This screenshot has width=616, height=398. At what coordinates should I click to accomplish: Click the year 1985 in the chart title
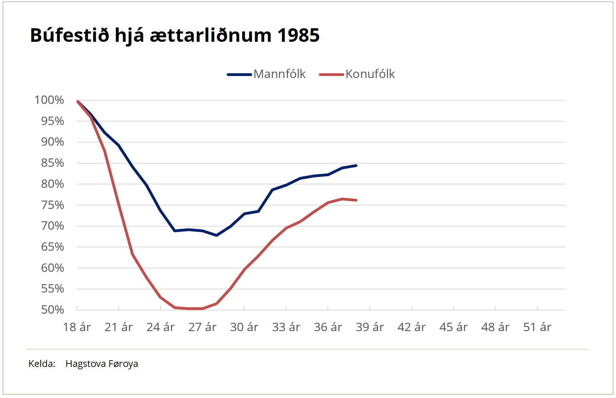298,35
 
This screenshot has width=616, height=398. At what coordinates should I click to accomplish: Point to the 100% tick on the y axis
49,100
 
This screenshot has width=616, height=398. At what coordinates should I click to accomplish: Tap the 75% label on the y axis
53,205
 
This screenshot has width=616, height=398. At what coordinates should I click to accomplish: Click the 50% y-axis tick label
53,310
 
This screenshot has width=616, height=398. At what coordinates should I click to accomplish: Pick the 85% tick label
53,163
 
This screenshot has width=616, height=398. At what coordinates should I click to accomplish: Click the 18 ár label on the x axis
77,327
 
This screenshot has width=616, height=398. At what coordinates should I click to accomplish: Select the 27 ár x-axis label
202,327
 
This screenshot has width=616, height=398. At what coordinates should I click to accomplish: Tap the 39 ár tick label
370,327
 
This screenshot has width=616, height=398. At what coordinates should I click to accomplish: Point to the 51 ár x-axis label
537,327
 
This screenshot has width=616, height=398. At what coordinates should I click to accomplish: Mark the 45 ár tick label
453,327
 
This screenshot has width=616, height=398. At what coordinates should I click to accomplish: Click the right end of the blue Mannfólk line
356,166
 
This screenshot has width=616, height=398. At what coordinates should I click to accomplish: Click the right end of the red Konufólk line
356,200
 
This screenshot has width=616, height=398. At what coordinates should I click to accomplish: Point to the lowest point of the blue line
216,235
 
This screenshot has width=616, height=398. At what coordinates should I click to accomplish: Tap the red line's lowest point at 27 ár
202,308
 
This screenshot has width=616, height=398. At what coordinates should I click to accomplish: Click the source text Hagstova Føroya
102,364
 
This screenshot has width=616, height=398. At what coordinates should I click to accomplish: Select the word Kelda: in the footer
42,364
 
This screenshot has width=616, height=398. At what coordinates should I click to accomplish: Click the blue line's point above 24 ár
161,211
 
